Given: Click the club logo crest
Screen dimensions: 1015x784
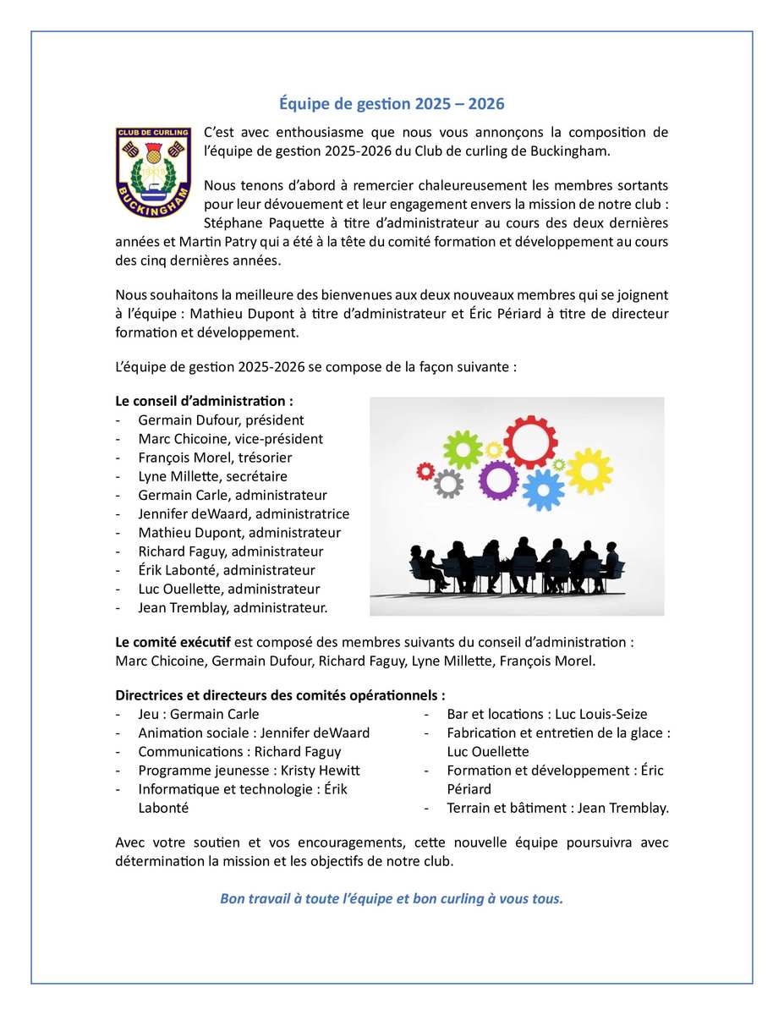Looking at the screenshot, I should [153, 173].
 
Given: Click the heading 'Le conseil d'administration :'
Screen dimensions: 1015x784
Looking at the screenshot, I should [205, 401].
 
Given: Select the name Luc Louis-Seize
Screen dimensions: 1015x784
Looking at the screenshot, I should [601, 715].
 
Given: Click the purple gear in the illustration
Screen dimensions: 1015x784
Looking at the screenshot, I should [498, 480].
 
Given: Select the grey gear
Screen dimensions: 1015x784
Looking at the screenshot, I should [448, 483].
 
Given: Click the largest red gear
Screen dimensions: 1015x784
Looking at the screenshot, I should [530, 442].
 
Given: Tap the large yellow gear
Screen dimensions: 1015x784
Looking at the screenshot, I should [589, 471].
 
